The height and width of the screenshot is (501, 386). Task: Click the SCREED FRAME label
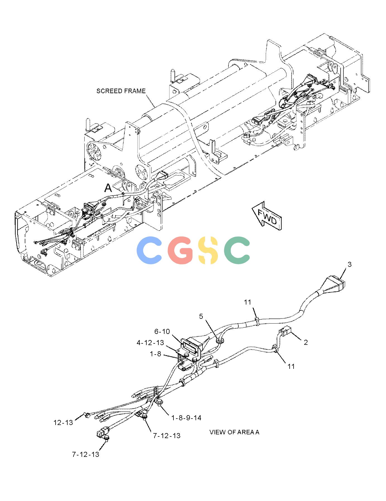[x=121, y=91]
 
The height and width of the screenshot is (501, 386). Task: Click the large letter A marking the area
[x=108, y=188]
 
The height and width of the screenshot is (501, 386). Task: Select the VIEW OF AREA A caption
[x=234, y=432]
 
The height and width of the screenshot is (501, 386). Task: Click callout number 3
[x=349, y=264]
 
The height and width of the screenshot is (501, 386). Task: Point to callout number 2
[x=306, y=342]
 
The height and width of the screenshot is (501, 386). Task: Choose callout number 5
[x=201, y=316]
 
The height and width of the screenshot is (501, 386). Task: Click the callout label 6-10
[x=162, y=331]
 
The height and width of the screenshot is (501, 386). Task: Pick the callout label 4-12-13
[x=150, y=343]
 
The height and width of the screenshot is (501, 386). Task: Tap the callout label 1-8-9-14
[x=186, y=418]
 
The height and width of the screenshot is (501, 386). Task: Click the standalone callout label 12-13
[x=63, y=422]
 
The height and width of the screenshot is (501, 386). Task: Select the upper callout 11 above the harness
[x=247, y=302]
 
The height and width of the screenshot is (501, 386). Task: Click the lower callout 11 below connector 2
[x=291, y=366]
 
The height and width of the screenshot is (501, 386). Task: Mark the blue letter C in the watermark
[x=149, y=250]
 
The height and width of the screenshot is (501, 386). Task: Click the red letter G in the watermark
[x=180, y=250]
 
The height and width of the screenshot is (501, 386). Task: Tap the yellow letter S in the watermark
[x=207, y=250]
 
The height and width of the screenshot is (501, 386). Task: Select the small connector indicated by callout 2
[x=286, y=332]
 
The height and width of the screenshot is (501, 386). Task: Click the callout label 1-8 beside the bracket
[x=156, y=354]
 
